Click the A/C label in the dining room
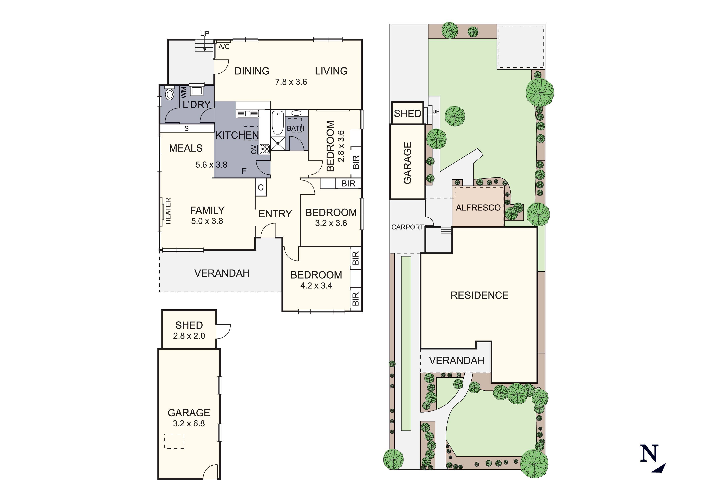(224, 47)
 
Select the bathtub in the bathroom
(278, 123)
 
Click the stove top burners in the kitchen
(264, 149)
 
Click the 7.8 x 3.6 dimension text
(291, 82)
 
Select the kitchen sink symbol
(248, 114)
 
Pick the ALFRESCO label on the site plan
(478, 208)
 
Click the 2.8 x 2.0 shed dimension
(189, 336)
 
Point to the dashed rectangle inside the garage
(174, 441)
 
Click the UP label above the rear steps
(205, 33)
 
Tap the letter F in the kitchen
(244, 171)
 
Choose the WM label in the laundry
(183, 93)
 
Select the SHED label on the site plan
(408, 114)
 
